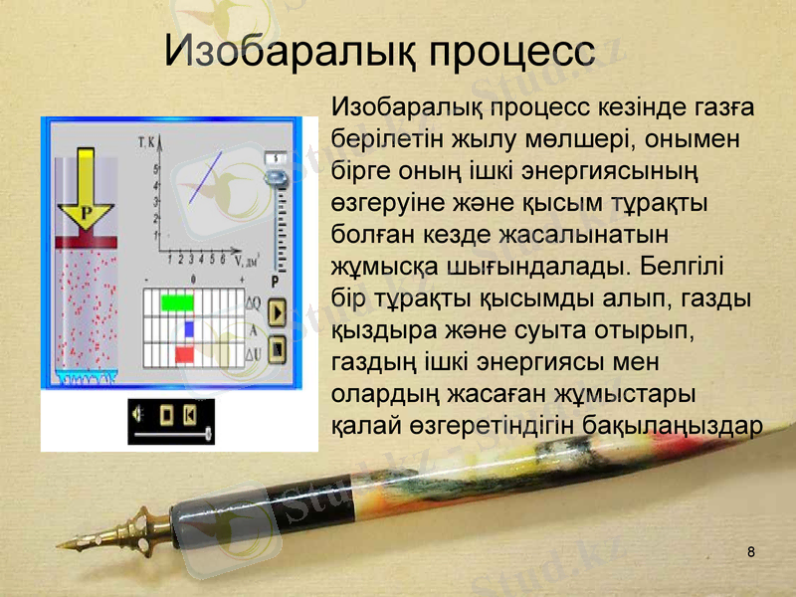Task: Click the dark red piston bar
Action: click(x=87, y=242)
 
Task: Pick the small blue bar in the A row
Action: click(x=188, y=327)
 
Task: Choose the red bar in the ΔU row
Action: click(x=184, y=353)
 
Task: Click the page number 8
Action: click(x=751, y=552)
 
